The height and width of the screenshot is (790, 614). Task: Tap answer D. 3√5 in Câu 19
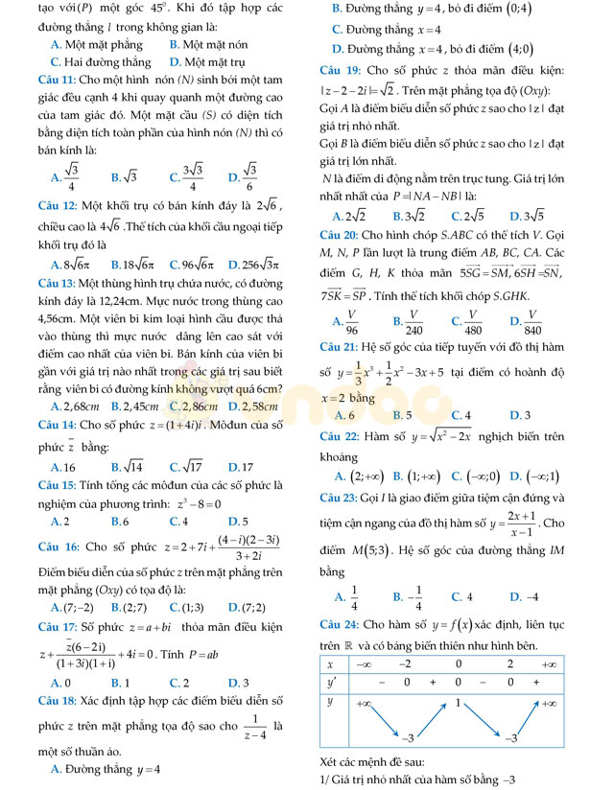pos(528,216)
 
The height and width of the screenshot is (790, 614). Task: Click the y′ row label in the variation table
pos(331,682)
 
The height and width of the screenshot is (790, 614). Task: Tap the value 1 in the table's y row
pos(459,703)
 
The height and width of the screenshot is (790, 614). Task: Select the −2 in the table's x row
pos(406,663)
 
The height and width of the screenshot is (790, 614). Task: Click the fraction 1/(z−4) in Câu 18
pos(255,728)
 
